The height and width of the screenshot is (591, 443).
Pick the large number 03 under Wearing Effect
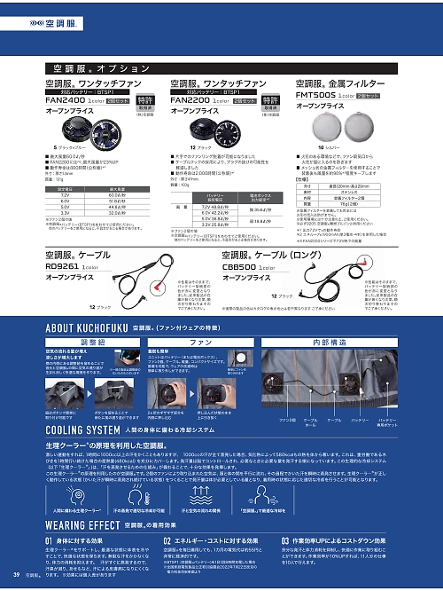pos(287,540)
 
